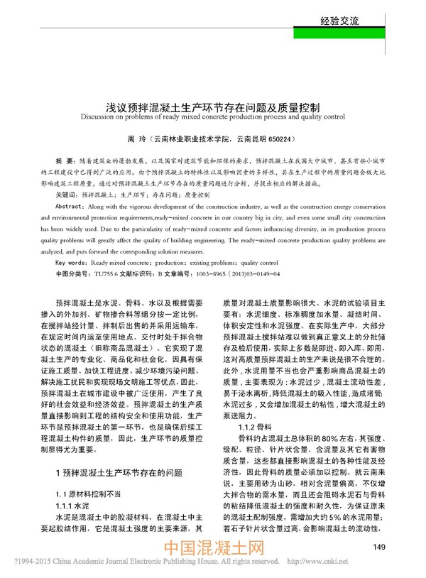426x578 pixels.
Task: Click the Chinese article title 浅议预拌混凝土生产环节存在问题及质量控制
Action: (x=212, y=104)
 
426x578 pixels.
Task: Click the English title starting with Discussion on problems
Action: (x=212, y=116)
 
